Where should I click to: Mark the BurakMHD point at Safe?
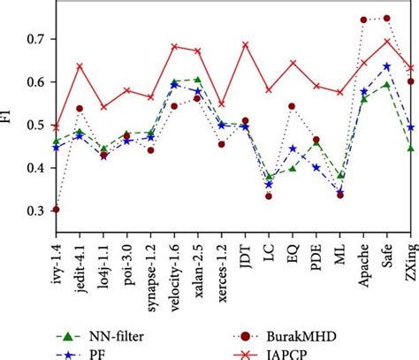[386, 19]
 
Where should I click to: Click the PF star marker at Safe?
[386, 66]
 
